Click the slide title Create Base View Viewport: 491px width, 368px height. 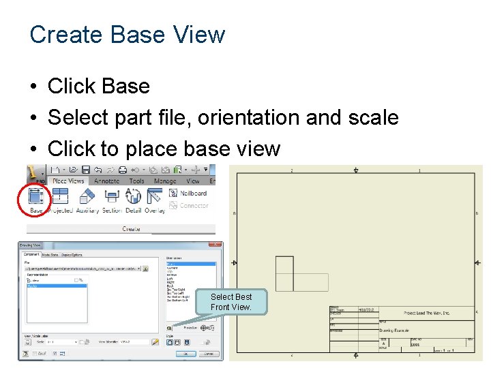tap(128, 34)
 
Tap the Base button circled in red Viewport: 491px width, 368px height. tap(36, 199)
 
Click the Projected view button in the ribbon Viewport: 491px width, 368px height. tap(60, 199)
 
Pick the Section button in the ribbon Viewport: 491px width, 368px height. tap(112, 199)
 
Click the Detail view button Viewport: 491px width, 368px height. tap(133, 199)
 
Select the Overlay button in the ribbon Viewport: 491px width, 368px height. tap(155, 199)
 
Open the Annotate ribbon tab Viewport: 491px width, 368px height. tap(106, 181)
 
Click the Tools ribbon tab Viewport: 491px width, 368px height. tap(137, 181)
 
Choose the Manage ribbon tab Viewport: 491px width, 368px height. tap(165, 181)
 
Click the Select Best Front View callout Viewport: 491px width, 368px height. tap(231, 302)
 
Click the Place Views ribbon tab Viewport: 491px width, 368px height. tap(68, 181)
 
